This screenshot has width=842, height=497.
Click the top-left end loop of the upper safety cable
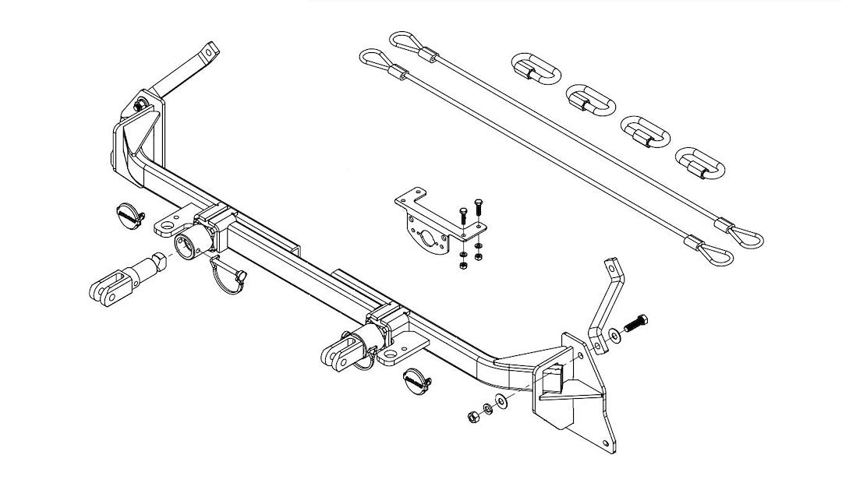[402, 41]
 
